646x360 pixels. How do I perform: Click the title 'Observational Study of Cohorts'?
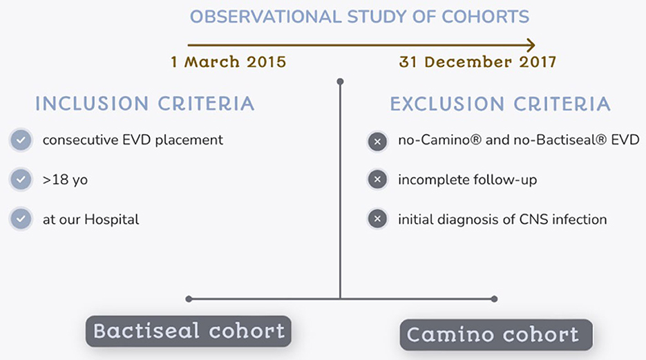[359, 17]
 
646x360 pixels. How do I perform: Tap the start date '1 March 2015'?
[229, 62]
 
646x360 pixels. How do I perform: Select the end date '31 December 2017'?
[477, 62]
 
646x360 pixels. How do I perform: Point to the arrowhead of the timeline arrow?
[531, 44]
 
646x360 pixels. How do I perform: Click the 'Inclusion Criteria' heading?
[144, 104]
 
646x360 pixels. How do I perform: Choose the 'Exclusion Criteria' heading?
[500, 104]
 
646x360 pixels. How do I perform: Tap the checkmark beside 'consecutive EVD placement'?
[21, 140]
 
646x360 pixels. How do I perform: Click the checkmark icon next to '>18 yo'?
[21, 180]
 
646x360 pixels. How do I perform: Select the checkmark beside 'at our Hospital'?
[21, 219]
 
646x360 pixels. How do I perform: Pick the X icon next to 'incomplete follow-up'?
[377, 180]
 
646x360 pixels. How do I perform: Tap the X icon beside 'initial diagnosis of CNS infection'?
[377, 219]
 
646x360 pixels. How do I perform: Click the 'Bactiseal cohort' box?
[189, 331]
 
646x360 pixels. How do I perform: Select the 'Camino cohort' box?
[496, 334]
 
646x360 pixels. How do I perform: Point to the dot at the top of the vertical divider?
[340, 82]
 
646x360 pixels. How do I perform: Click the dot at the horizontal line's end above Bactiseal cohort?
[189, 299]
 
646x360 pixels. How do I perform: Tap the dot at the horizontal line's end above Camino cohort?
[495, 299]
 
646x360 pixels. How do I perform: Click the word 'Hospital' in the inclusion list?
[112, 220]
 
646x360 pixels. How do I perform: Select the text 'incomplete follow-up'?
[468, 180]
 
